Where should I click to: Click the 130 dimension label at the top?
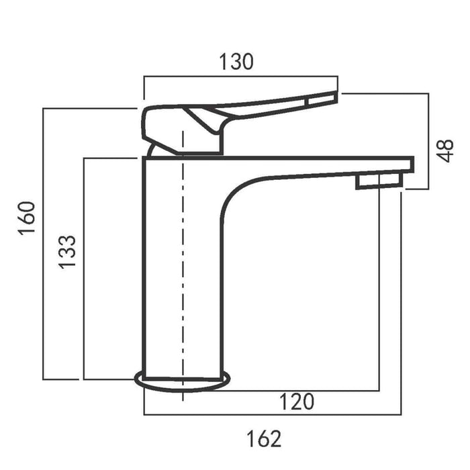click(x=236, y=62)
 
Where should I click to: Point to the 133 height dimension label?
click(x=67, y=252)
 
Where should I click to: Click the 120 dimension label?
click(x=296, y=402)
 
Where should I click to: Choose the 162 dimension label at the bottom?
click(x=263, y=438)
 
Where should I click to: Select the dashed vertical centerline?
click(x=183, y=269)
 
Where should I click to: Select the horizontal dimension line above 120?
click(x=302, y=390)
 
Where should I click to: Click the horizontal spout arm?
click(x=316, y=165)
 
